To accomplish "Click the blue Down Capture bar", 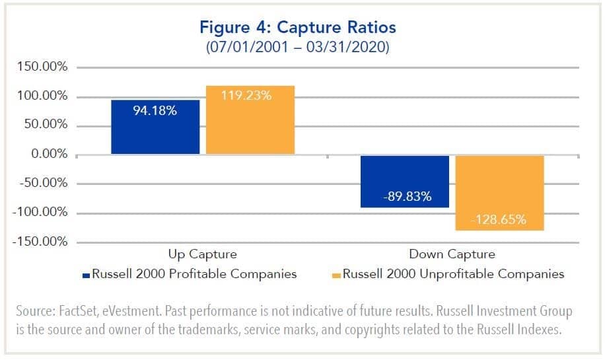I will click(405, 182).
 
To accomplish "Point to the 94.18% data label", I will click(155, 110).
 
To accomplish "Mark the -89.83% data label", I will click(405, 196).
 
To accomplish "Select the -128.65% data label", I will click(499, 220).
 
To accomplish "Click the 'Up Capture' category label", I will click(202, 254).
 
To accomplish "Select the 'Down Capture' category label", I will click(452, 254).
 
